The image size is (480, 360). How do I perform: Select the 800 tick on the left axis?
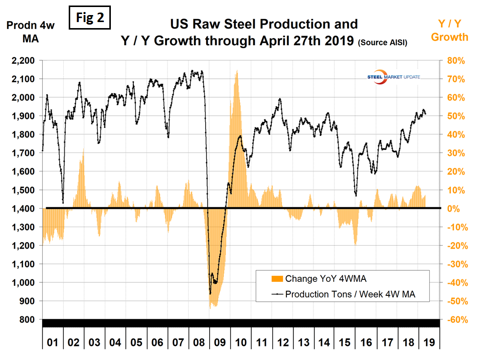point(28,320)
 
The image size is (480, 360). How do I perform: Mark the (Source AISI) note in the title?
point(382,44)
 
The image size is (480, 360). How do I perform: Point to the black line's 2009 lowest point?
point(210,293)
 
